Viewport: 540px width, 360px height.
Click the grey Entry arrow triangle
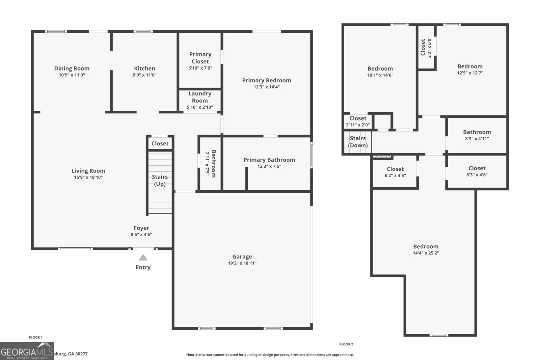click(143, 258)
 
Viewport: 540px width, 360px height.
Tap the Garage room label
click(242, 257)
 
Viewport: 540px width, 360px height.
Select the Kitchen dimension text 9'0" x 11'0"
click(144, 75)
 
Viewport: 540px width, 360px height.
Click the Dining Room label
click(72, 68)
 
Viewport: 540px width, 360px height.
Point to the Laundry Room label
click(200, 97)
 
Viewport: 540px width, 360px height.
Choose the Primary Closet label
click(200, 58)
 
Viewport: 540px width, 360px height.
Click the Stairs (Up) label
click(160, 180)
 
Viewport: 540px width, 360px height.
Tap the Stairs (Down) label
click(358, 142)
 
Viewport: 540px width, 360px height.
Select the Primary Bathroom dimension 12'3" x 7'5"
click(269, 166)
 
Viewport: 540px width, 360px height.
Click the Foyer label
click(141, 228)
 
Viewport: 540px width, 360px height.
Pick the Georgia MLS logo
click(27, 351)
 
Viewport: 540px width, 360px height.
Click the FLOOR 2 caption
click(346, 344)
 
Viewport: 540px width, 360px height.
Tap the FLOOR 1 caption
click(36, 337)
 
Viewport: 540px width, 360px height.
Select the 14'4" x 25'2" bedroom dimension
click(426, 253)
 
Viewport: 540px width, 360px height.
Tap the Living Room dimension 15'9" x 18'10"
click(88, 177)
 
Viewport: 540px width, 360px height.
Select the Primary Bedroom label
click(266, 80)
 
